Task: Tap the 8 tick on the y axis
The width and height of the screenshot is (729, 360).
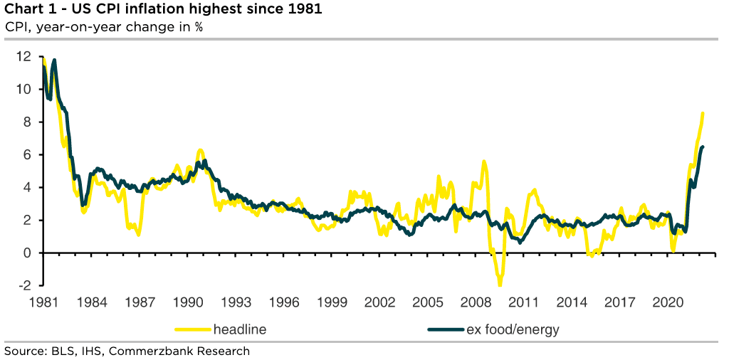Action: pyautogui.click(x=27, y=122)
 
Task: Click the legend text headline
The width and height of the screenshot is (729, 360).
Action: pyautogui.click(x=240, y=329)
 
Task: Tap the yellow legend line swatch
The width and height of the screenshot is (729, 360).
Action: pyautogui.click(x=192, y=329)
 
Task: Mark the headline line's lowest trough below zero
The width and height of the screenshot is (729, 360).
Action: pyautogui.click(x=500, y=285)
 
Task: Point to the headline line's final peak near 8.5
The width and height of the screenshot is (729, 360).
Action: pyautogui.click(x=703, y=113)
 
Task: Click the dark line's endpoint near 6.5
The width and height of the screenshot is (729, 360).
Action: pyautogui.click(x=703, y=147)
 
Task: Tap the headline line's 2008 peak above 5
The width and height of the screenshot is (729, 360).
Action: pyautogui.click(x=484, y=162)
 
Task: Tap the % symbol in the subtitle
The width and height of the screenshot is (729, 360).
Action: pyautogui.click(x=199, y=27)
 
